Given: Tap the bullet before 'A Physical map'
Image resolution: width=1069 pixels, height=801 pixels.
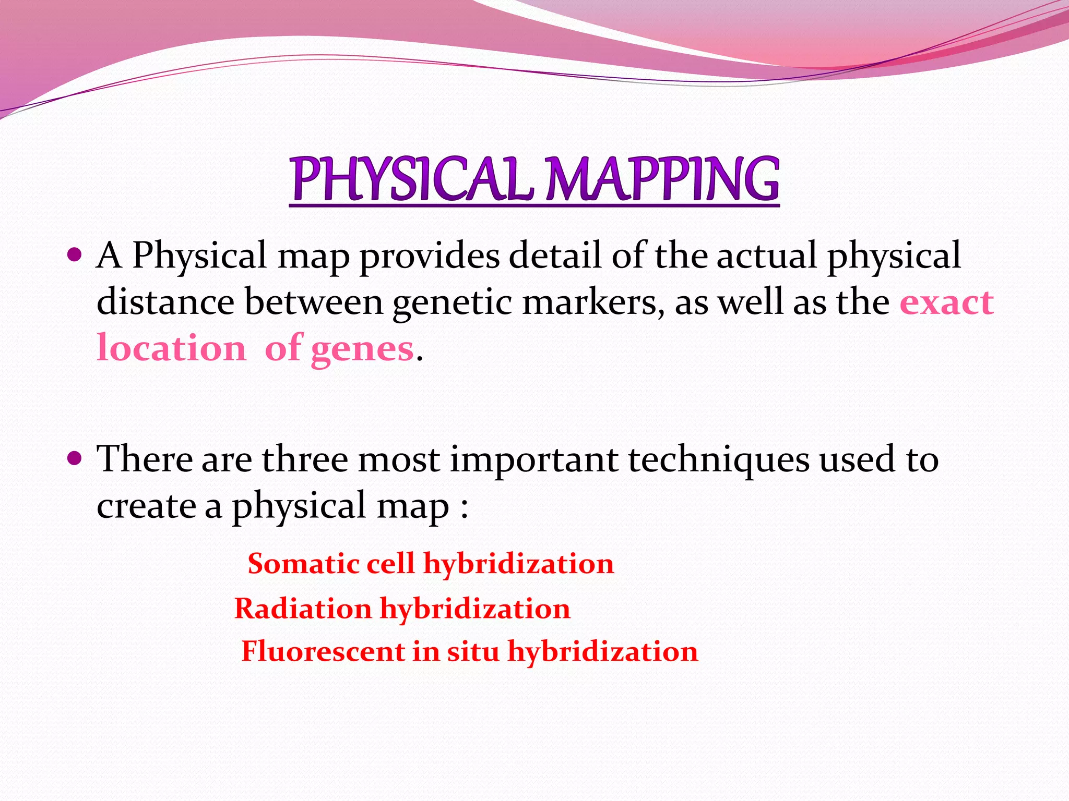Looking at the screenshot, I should (x=75, y=256).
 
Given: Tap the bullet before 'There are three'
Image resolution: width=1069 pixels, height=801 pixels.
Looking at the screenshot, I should (x=75, y=459).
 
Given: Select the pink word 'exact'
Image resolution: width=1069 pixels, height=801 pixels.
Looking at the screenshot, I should (x=946, y=302).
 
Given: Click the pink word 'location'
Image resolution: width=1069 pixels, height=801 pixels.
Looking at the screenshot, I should (x=171, y=348).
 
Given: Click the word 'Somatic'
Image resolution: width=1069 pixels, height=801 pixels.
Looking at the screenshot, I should (x=303, y=564).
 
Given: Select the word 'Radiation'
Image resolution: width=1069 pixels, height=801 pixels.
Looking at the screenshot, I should (x=303, y=609).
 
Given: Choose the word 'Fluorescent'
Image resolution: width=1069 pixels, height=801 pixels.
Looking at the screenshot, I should (x=323, y=651).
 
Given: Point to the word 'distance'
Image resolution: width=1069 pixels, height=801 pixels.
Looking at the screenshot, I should (x=165, y=302).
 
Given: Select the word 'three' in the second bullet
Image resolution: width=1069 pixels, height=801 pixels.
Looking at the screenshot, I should (x=305, y=459).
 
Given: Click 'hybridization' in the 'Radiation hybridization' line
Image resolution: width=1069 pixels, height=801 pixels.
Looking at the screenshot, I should (x=475, y=609).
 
